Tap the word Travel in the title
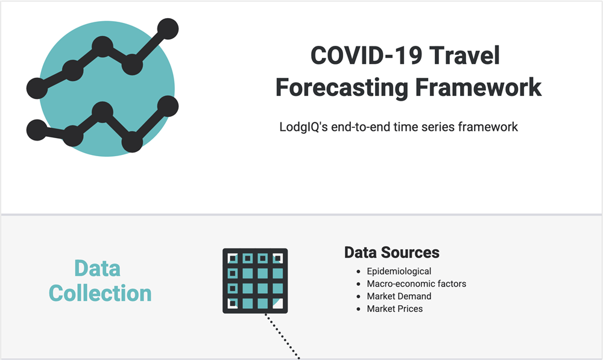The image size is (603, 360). pyautogui.click(x=464, y=55)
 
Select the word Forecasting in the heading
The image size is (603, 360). pyautogui.click(x=342, y=87)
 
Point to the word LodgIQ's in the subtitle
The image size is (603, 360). pyautogui.click(x=303, y=127)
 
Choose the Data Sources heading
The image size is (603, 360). pyautogui.click(x=392, y=252)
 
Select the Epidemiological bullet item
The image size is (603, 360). pyautogui.click(x=399, y=271)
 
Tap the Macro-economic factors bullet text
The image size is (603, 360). pyautogui.click(x=417, y=284)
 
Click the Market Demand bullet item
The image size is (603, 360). pyautogui.click(x=399, y=296)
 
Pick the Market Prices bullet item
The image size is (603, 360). pyautogui.click(x=394, y=309)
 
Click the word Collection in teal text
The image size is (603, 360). pyautogui.click(x=100, y=293)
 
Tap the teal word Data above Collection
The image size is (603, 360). pyautogui.click(x=97, y=268)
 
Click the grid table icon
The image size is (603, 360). pyautogui.click(x=255, y=281)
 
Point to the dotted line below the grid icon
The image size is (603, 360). pyautogui.click(x=282, y=336)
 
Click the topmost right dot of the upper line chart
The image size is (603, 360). pyautogui.click(x=168, y=29)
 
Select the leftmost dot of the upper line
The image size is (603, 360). pyautogui.click(x=37, y=88)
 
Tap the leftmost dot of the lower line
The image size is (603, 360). pyautogui.click(x=37, y=130)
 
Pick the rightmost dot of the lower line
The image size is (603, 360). pyautogui.click(x=168, y=106)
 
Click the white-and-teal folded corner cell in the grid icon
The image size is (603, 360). pyautogui.click(x=277, y=303)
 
